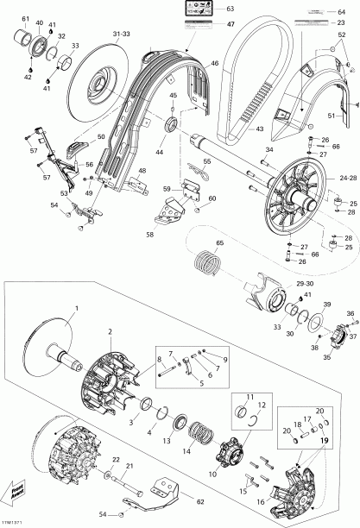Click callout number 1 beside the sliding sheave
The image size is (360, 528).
coord(75,308)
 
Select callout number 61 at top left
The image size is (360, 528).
coord(25,19)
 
